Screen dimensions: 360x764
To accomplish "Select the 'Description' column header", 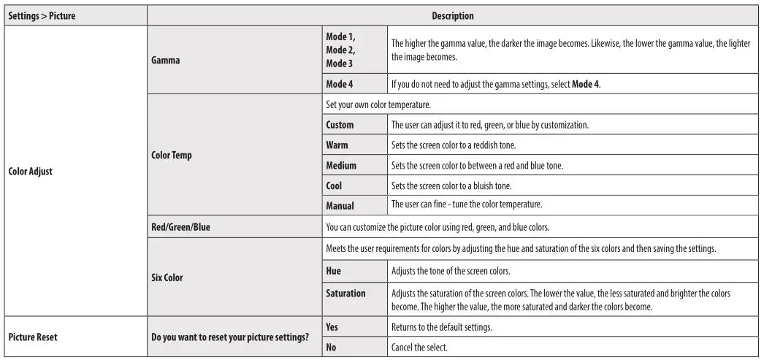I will [452, 15].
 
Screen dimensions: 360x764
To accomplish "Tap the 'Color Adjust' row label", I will [31, 172].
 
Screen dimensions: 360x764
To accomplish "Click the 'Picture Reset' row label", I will [33, 337].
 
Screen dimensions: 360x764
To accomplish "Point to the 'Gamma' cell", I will [164, 61].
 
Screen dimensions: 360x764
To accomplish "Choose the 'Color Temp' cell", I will [171, 155].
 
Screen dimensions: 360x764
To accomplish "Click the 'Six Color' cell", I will [167, 277].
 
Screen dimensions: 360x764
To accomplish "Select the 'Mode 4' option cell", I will [340, 84].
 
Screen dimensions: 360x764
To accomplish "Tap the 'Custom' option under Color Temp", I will [340, 125].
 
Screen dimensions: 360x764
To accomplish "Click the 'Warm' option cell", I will [337, 145].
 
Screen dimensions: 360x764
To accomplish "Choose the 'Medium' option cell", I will [341, 166].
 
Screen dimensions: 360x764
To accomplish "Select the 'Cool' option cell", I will [334, 185].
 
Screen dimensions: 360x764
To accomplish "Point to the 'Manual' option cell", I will [340, 205].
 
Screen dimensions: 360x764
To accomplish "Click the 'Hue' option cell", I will [333, 271].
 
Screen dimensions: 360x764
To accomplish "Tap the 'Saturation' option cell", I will [345, 293].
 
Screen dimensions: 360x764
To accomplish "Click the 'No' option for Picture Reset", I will [331, 348].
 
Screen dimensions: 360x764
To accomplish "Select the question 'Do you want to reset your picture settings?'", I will [230, 337].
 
